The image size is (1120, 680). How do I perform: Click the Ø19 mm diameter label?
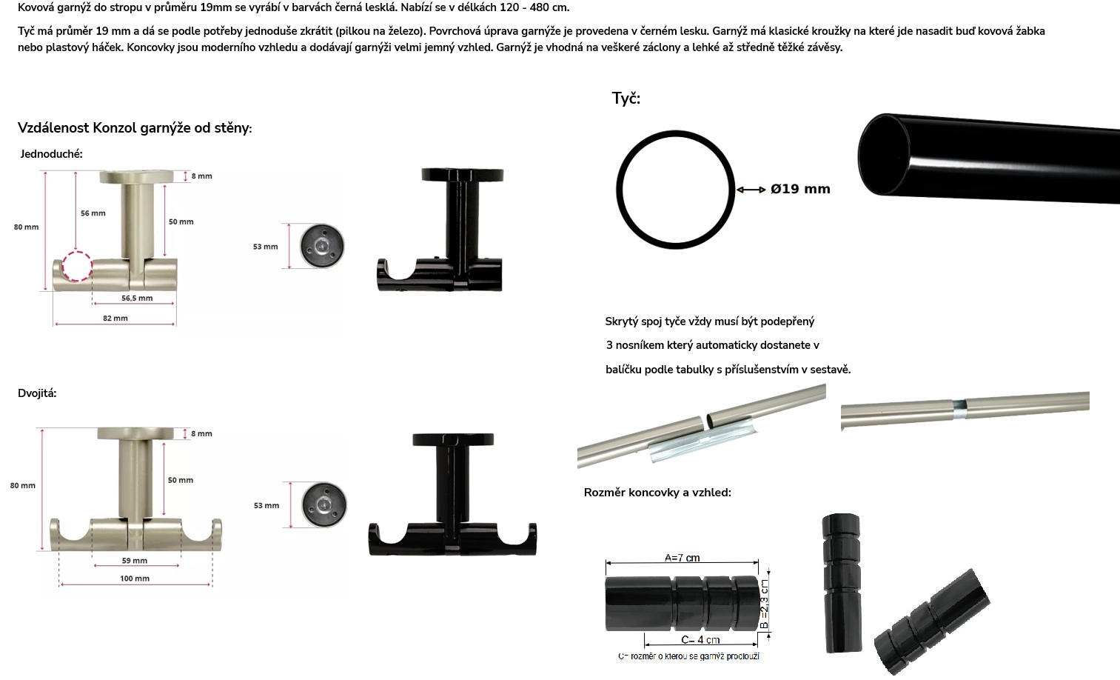click(x=800, y=189)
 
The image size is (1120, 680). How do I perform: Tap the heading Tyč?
click(x=626, y=98)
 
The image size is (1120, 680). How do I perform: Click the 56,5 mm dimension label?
click(x=137, y=298)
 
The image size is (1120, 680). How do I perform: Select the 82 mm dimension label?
click(x=115, y=318)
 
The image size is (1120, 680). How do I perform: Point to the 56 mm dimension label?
click(x=93, y=213)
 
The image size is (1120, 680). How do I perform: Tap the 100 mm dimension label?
click(x=135, y=578)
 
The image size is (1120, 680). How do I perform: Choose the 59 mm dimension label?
click(x=135, y=560)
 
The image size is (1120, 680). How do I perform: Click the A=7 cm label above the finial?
click(x=682, y=558)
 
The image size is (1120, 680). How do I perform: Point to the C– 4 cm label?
click(x=700, y=639)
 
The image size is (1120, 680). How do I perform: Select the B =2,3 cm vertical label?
click(x=764, y=603)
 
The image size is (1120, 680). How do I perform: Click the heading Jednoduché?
click(x=52, y=153)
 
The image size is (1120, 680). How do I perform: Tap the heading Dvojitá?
click(x=37, y=393)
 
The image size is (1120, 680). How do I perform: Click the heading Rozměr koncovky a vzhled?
click(x=657, y=493)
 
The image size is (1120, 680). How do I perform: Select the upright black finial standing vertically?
click(x=842, y=583)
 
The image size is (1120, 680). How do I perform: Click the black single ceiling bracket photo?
click(x=440, y=230)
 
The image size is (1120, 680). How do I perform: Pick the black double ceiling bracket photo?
click(x=452, y=494)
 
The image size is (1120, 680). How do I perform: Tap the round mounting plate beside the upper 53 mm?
click(x=322, y=246)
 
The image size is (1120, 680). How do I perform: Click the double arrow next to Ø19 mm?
click(x=751, y=190)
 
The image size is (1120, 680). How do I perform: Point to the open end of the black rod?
click(x=884, y=154)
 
